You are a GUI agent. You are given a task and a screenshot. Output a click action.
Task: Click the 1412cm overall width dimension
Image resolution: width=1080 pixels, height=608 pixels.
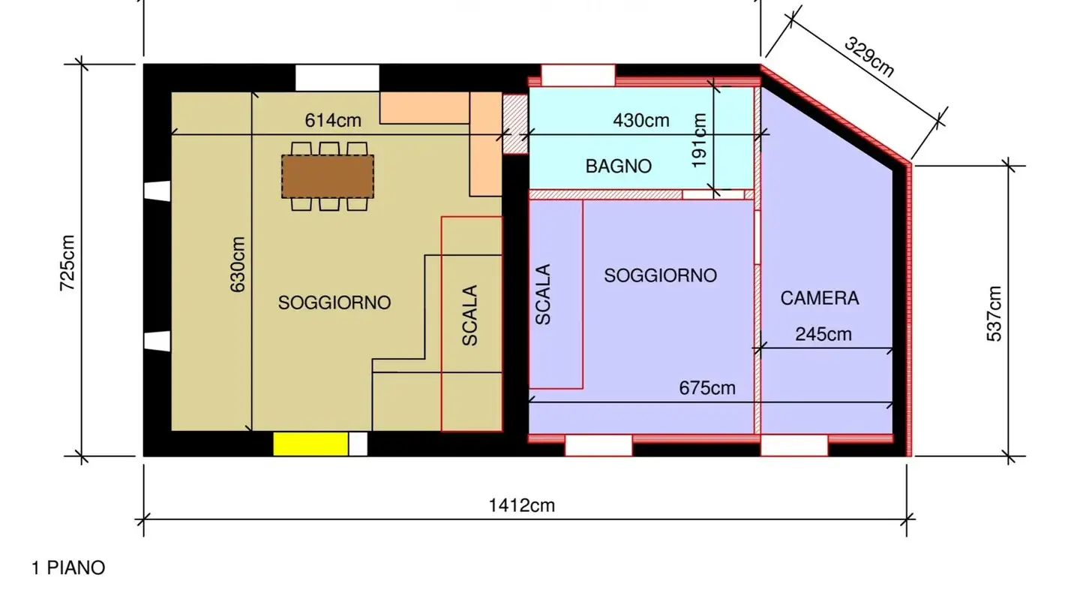tap(522, 505)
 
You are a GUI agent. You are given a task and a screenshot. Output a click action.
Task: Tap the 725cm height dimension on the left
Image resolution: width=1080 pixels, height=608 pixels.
tap(67, 263)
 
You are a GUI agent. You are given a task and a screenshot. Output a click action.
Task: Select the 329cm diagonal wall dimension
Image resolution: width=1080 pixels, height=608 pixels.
tap(869, 57)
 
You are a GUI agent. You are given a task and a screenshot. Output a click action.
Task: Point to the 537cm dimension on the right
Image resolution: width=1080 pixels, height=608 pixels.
tap(994, 314)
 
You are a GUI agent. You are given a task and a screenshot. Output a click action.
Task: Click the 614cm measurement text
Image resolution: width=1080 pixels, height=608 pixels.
tap(333, 120)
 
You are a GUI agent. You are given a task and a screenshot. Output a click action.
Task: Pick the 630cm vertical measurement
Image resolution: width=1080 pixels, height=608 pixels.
tap(238, 264)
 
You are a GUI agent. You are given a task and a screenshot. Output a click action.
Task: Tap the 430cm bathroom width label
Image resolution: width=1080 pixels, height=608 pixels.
tap(641, 120)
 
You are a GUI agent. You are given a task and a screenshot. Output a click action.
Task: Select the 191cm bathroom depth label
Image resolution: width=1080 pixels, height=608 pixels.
tap(700, 141)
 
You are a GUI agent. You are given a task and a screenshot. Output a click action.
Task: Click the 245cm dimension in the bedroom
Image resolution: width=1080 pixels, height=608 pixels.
tap(823, 334)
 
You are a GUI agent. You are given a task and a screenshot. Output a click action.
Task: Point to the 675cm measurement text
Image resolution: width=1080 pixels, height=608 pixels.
tap(707, 388)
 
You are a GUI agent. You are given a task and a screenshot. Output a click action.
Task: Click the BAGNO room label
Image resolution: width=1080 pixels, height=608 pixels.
tap(619, 167)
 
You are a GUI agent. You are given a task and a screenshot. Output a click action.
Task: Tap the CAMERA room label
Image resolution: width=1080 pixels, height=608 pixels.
tap(820, 298)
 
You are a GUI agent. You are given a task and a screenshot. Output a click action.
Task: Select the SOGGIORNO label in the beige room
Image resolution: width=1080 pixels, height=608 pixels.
tap(334, 302)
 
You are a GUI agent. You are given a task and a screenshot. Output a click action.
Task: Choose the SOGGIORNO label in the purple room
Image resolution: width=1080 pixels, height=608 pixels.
tap(660, 275)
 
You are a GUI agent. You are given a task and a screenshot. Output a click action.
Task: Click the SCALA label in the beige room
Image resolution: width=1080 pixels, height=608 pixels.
tap(470, 315)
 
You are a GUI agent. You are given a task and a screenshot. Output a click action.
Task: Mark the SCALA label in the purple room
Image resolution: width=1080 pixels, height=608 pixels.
tap(544, 294)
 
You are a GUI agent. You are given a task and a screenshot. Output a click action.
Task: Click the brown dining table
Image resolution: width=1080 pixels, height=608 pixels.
tap(328, 176)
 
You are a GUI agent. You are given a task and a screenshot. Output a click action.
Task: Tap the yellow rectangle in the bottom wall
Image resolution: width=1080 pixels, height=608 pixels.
tap(310, 444)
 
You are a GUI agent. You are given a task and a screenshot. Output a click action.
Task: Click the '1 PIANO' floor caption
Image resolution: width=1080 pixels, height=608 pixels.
tap(68, 568)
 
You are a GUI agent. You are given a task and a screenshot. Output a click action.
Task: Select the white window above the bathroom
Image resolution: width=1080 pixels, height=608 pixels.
tap(578, 76)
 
